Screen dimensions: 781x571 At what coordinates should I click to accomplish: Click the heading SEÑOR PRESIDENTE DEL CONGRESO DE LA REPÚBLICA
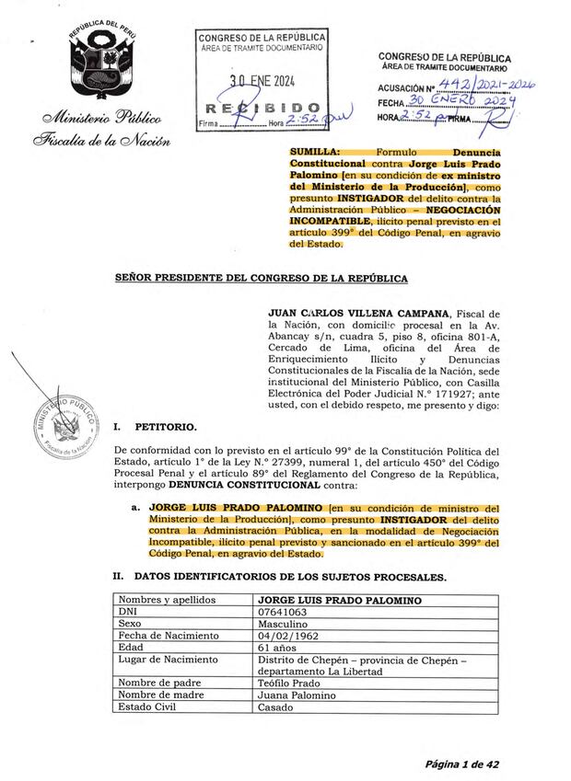[x=260, y=277]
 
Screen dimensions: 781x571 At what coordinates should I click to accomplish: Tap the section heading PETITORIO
[x=165, y=427]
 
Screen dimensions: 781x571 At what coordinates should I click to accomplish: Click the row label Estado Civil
[x=146, y=707]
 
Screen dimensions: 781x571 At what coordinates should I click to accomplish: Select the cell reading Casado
[x=275, y=707]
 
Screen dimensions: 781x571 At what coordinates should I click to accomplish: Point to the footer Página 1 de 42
[x=460, y=764]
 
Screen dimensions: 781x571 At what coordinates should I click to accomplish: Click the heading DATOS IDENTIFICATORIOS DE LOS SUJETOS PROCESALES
[x=290, y=577]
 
